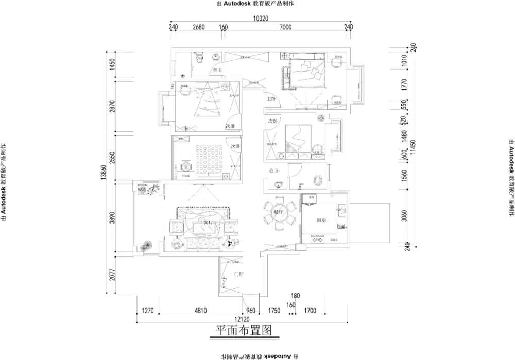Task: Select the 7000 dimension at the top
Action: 285,27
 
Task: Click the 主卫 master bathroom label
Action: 217,70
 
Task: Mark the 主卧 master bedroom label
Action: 271,98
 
